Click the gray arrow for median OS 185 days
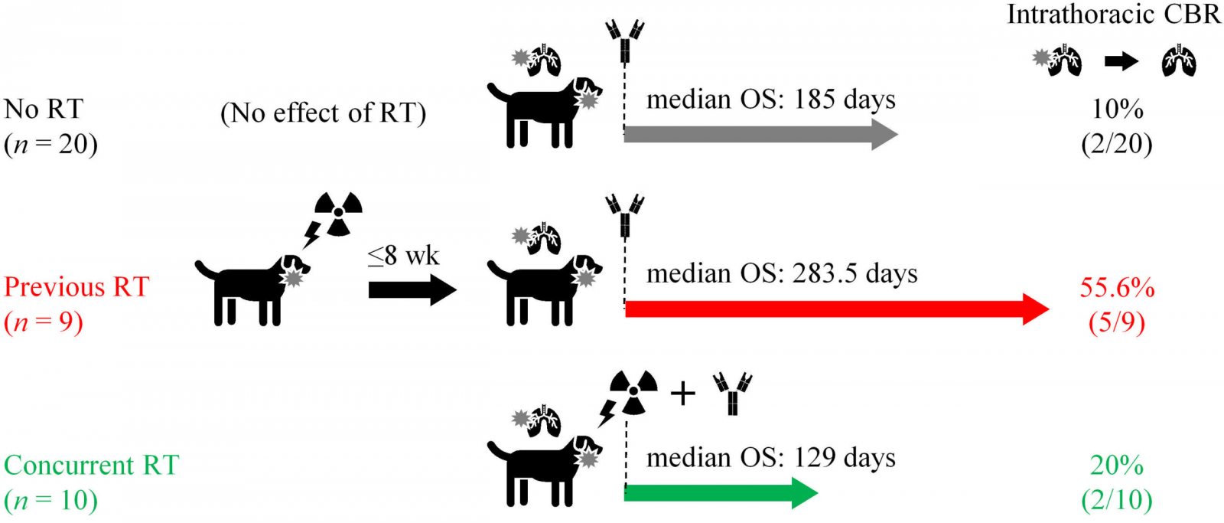[x=760, y=135]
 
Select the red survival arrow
[x=837, y=309]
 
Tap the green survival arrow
[x=721, y=493]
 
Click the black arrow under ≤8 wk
[x=412, y=290]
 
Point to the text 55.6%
[x=1117, y=287]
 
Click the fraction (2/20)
[x=1117, y=144]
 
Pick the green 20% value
[x=1117, y=466]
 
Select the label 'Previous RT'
[x=76, y=286]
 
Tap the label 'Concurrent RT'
[x=91, y=465]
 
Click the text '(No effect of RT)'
[x=323, y=113]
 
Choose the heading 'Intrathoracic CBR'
[x=1114, y=15]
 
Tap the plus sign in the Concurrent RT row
[x=683, y=394]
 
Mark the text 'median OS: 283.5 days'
[x=782, y=273]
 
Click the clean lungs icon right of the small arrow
[x=1179, y=60]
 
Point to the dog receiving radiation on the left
[x=252, y=290]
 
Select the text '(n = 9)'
[x=44, y=322]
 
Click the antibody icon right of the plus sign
[x=733, y=394]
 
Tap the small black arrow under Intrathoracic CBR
[x=1121, y=61]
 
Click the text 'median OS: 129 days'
[x=771, y=457]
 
